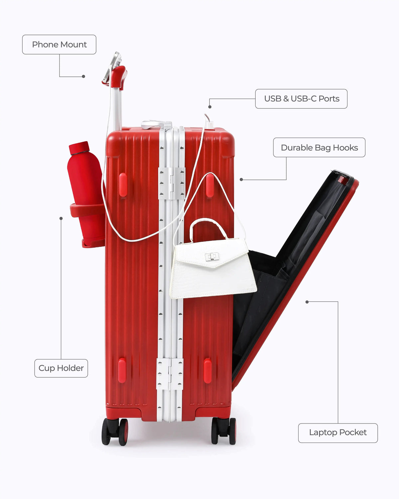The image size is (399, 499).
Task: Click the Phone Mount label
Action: point(59,45)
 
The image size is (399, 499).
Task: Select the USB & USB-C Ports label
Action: point(301,99)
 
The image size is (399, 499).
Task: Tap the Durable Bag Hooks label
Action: point(319,148)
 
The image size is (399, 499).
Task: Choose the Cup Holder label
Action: point(61,368)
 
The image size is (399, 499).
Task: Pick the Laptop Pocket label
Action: point(338,433)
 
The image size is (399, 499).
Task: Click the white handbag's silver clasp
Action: point(211,256)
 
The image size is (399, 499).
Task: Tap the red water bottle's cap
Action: point(79,148)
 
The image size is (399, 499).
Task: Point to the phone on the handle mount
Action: point(112,67)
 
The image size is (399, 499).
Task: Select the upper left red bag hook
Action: point(123,185)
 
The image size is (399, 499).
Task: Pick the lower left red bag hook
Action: point(122,370)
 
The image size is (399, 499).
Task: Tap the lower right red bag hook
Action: point(207,371)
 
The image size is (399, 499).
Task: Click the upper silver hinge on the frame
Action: point(172,183)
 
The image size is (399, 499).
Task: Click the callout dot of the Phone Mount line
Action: point(83,76)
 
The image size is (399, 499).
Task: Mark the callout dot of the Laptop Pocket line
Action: point(307,302)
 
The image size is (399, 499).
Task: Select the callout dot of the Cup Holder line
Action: point(61,218)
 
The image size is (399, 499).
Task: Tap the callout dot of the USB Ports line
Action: point(210,107)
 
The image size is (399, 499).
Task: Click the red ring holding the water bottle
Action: point(87,210)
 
